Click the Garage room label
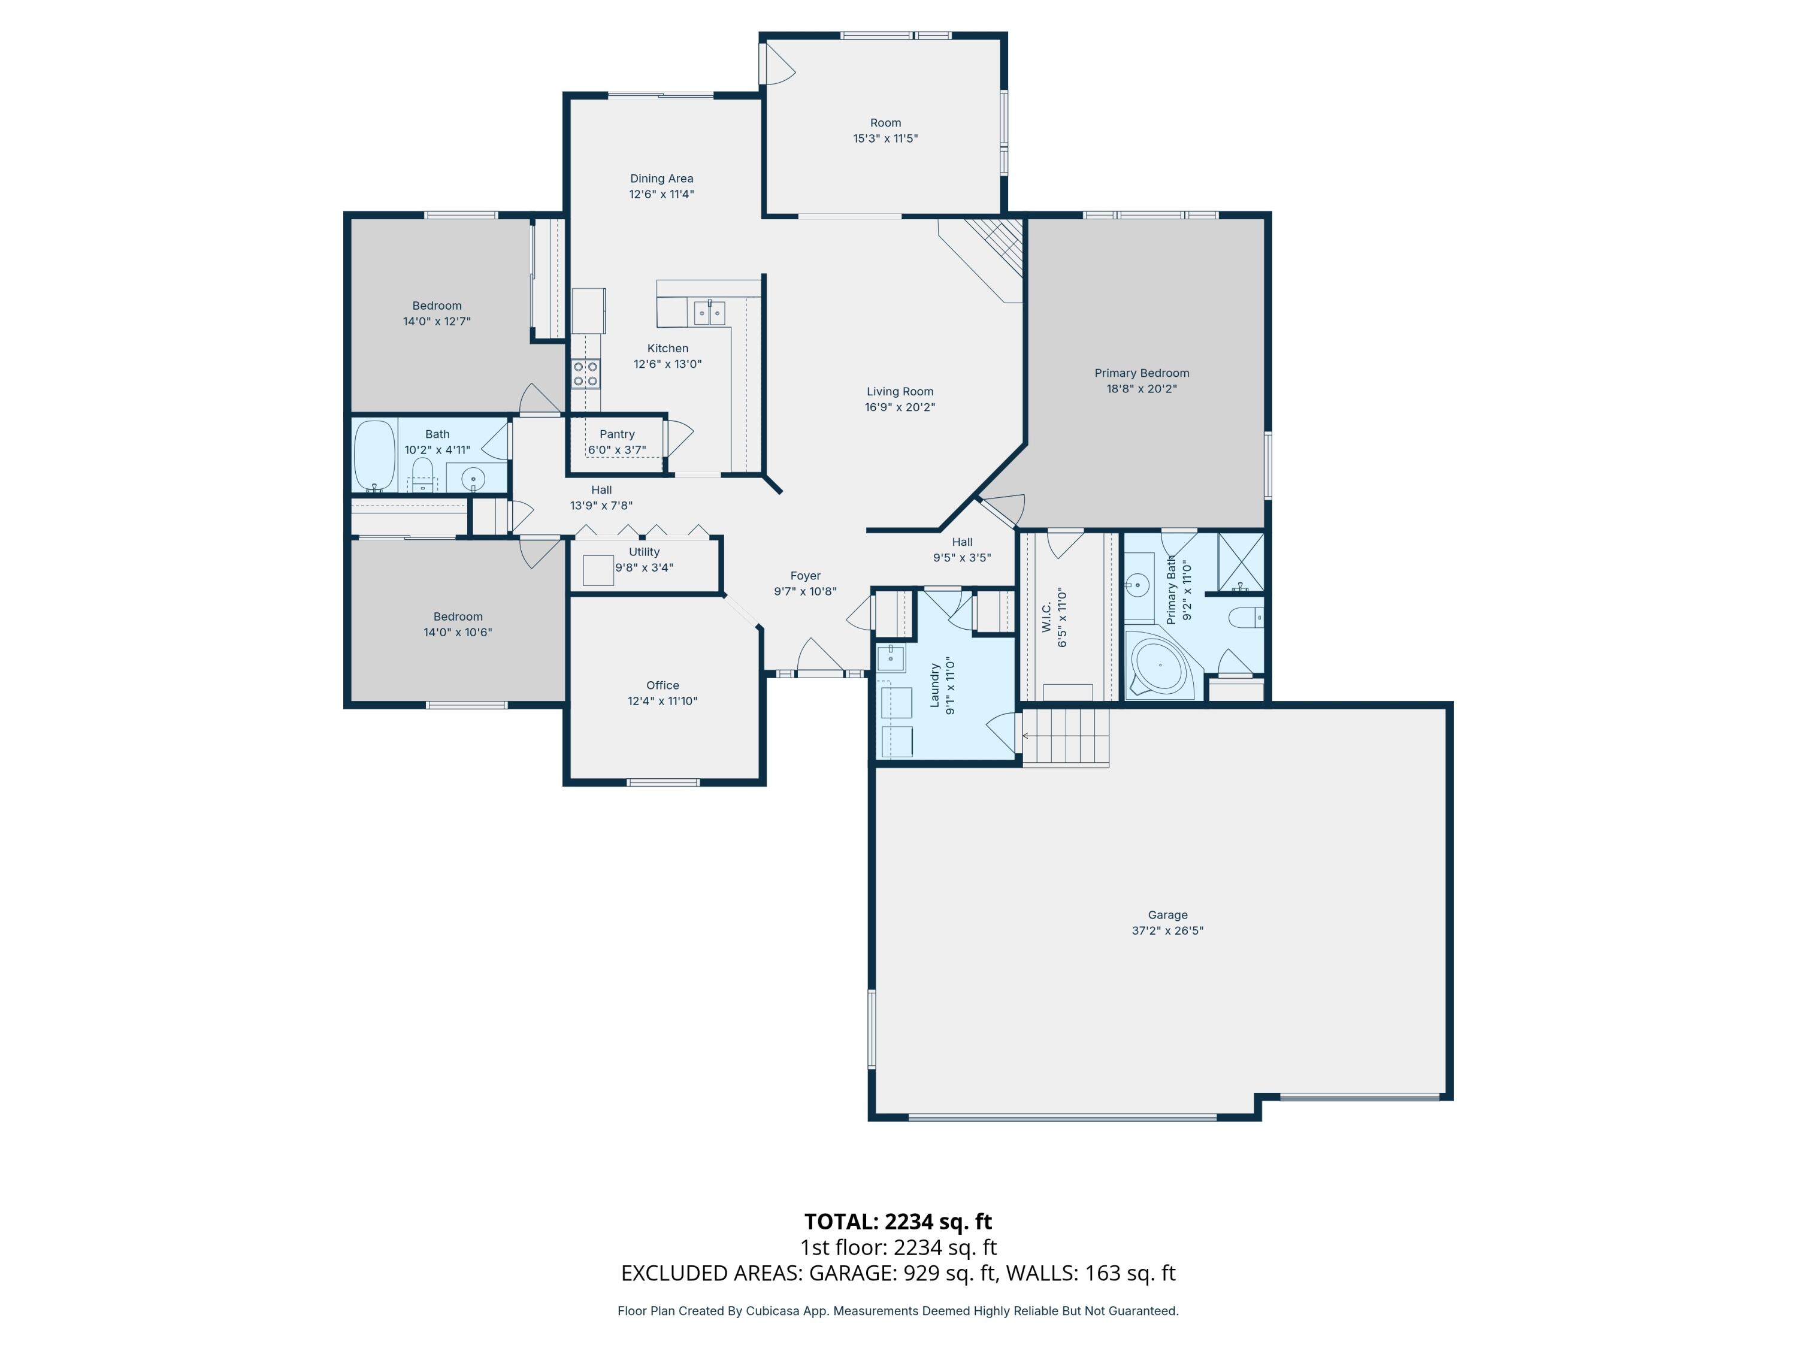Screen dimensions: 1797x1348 point(1167,915)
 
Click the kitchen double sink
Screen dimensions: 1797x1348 point(709,312)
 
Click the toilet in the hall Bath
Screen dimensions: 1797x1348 point(422,474)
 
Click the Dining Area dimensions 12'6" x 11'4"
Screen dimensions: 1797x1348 point(661,194)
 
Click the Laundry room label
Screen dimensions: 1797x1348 point(934,685)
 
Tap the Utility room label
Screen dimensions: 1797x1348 point(644,552)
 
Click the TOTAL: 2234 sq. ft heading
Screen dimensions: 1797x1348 point(898,1221)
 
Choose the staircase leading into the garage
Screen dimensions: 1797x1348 point(1065,736)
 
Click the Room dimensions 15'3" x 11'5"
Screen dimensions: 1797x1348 point(885,139)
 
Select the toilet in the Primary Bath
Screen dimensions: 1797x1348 point(1246,618)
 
